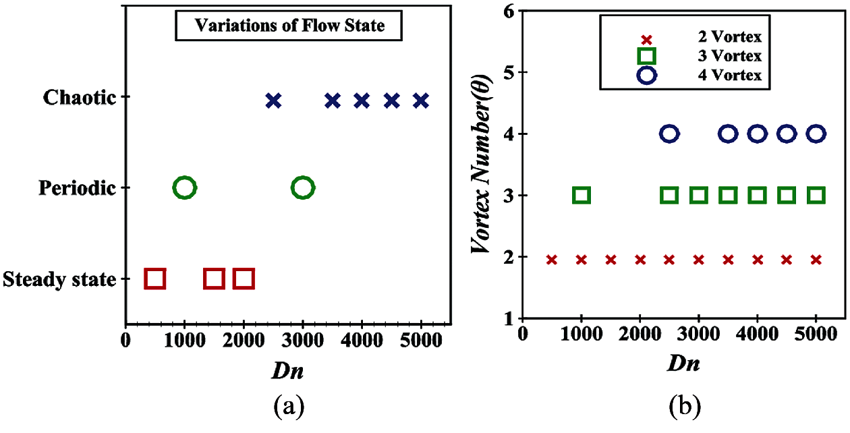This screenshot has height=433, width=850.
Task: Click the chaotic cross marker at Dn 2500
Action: tap(273, 101)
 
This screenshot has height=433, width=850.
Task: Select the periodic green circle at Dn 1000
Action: tap(184, 188)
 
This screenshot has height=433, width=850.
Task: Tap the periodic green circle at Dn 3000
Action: tap(303, 188)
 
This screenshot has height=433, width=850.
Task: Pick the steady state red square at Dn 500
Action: tap(155, 278)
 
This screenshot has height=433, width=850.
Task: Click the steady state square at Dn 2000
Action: tap(244, 278)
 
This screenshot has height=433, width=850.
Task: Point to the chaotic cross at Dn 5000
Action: tap(421, 101)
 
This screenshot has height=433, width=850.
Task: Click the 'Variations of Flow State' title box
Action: tap(289, 27)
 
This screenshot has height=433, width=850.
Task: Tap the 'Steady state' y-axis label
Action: tap(59, 279)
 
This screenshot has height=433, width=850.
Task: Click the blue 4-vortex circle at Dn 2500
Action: tap(669, 134)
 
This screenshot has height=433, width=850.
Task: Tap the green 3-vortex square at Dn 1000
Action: tap(582, 196)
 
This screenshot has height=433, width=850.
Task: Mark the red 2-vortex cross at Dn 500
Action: tap(552, 260)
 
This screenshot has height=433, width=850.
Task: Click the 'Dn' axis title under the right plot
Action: tap(683, 364)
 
